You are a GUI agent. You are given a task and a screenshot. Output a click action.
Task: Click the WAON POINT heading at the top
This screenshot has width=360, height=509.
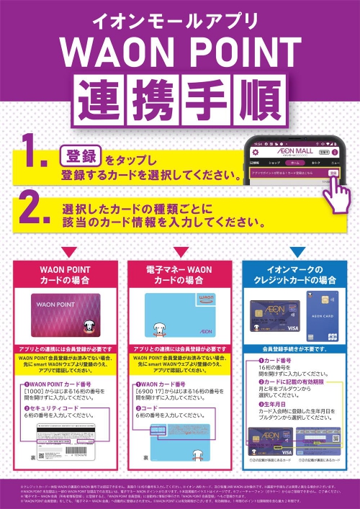click(180, 54)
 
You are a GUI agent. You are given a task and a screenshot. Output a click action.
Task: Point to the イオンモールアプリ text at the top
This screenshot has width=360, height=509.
click(180, 19)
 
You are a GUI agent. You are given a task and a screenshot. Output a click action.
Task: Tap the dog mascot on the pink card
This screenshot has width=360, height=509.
click(89, 328)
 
